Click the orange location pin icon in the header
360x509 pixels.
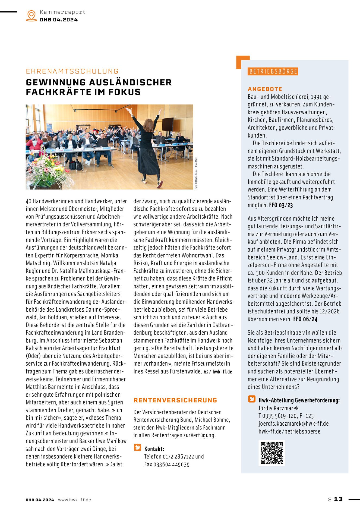pos(31,15)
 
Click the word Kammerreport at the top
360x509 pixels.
pos(62,12)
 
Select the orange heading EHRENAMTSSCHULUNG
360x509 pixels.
pos(72,71)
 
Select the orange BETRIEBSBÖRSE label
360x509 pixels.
pos(273,71)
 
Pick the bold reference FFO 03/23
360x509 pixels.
pos(281,205)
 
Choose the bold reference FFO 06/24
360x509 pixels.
pos(305,319)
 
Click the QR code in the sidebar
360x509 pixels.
pos(271,453)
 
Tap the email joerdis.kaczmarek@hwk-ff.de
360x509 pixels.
pos(293,423)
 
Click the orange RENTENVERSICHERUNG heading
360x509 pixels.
pos(175,400)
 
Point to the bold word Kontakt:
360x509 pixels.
pos(154,449)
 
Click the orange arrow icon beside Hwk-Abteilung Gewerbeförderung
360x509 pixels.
pos(252,399)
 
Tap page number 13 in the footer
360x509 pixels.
pos(338,499)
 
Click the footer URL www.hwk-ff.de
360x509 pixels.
pos(74,500)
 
